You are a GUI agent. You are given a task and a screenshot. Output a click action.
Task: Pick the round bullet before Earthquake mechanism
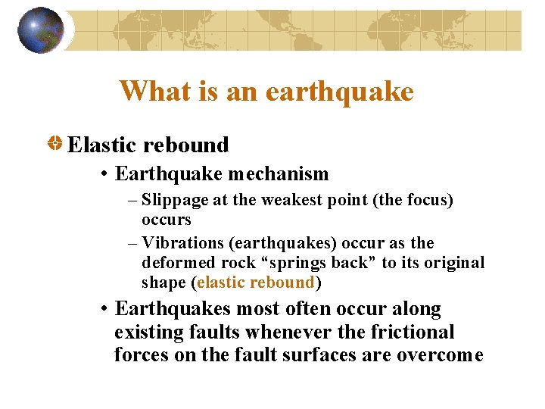point(104,174)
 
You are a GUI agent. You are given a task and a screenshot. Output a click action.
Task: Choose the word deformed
point(172,263)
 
